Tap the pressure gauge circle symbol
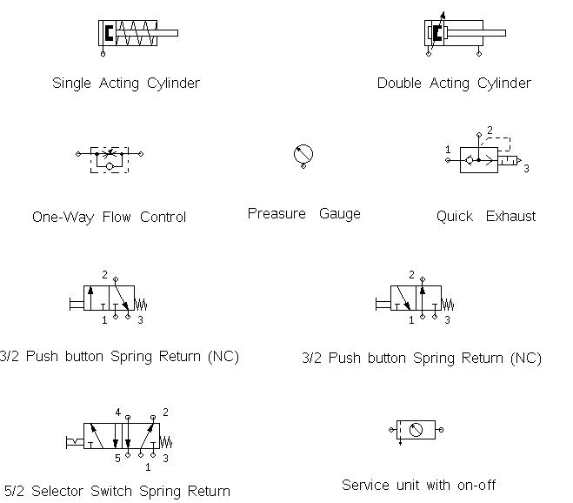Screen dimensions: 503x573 [301, 153]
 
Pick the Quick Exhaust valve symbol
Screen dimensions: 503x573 [477, 160]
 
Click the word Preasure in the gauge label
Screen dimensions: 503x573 [276, 213]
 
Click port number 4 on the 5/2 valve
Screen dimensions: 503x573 [117, 411]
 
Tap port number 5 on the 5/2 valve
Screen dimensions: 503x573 [117, 459]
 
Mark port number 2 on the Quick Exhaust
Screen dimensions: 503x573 [490, 131]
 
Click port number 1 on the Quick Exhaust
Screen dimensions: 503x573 [449, 150]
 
